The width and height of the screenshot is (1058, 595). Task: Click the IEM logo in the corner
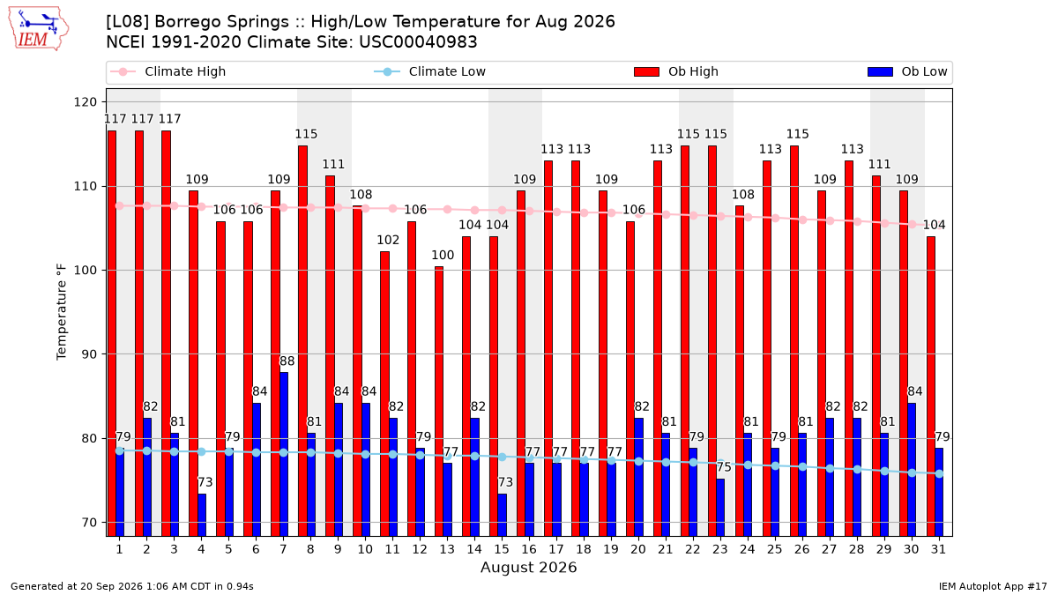click(39, 29)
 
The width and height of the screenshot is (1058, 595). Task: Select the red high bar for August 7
click(275, 363)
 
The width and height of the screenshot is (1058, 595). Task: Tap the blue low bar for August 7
click(284, 454)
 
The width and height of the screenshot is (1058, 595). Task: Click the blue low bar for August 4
click(202, 515)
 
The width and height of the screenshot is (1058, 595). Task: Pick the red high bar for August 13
click(439, 401)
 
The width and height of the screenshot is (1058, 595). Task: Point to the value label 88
click(287, 361)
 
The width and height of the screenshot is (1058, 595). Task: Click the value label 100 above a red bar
click(443, 255)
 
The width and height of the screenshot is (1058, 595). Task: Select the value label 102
click(388, 240)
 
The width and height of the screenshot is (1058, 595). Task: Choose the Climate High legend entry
click(168, 71)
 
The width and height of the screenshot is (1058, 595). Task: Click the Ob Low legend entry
click(907, 71)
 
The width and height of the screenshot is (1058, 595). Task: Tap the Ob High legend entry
click(676, 71)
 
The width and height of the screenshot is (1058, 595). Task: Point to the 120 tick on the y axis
click(85, 102)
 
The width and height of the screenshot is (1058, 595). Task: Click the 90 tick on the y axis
click(89, 354)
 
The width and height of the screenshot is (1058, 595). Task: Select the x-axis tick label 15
click(502, 549)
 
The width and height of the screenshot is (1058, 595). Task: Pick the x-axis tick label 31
click(938, 549)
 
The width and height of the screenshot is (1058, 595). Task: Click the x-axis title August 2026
click(528, 567)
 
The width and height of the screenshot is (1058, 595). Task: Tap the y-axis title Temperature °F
click(62, 312)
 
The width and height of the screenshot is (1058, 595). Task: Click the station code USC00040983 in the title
click(418, 42)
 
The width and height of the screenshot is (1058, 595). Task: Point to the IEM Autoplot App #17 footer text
click(993, 586)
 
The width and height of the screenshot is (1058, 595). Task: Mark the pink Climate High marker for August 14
click(474, 210)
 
